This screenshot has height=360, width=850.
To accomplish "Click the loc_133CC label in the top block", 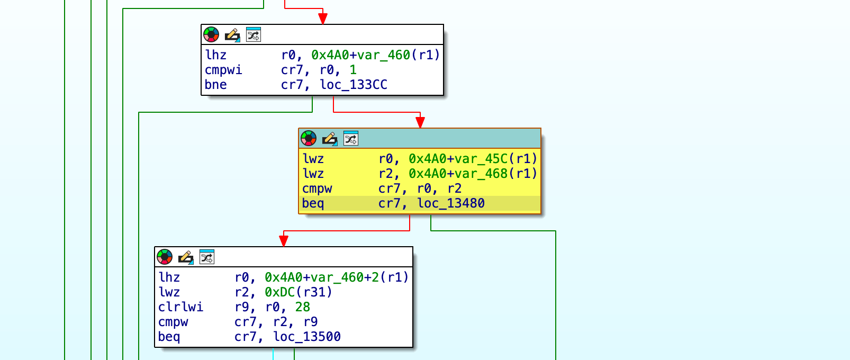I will tap(354, 85).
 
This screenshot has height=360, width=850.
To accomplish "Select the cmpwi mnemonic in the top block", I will tap(223, 70).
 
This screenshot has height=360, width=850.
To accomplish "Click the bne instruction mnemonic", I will tap(215, 85).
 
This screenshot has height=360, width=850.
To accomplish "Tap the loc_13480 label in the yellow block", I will tap(450, 203).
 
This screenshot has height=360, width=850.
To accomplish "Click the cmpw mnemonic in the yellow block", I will tap(317, 188).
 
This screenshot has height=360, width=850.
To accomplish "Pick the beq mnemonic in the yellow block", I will tap(313, 203).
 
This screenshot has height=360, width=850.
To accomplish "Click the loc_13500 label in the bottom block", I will tap(306, 337).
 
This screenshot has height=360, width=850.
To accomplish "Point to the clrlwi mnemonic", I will tap(180, 307).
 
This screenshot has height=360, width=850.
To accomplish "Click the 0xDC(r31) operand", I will tap(299, 292).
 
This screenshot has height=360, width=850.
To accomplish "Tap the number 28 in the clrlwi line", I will tap(303, 307).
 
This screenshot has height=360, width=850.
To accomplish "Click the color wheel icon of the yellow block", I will tap(309, 139).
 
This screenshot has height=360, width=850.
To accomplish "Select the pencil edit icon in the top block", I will tap(232, 35).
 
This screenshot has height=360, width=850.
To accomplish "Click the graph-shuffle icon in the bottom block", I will tap(207, 257).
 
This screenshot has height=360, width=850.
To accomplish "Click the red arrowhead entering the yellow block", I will tap(420, 123).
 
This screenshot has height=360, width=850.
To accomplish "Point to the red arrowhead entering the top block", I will tap(323, 19).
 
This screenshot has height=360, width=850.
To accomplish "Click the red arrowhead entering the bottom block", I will tap(284, 241).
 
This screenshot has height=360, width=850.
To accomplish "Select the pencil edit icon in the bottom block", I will tap(185, 257).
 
